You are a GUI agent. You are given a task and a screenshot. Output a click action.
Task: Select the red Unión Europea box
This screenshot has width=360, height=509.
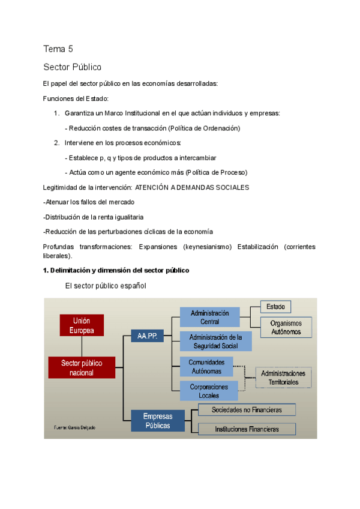(x=81, y=325)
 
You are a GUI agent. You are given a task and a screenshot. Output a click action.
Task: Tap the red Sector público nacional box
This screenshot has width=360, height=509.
(x=82, y=367)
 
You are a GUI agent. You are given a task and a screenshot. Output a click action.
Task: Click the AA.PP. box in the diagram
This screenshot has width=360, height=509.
(x=147, y=336)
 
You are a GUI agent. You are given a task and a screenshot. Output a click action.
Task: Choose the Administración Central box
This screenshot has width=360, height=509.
(x=209, y=317)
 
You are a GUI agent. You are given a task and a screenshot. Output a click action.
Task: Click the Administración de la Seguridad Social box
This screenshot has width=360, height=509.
(x=215, y=341)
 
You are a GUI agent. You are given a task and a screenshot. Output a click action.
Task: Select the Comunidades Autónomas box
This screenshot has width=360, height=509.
(x=206, y=367)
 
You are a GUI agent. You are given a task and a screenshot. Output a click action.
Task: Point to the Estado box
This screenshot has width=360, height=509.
(x=275, y=307)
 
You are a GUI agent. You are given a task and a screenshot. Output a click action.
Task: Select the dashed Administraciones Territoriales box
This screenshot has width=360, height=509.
(x=283, y=378)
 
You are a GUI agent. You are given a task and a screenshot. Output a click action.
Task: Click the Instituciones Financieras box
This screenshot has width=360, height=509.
(x=247, y=429)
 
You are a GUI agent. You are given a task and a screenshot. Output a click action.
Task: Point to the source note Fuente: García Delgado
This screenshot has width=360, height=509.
(x=74, y=427)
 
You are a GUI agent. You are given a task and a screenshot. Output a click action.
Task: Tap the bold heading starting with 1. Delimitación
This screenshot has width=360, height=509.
(x=116, y=270)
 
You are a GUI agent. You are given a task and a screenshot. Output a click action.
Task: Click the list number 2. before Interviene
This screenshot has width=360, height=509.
(x=56, y=143)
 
